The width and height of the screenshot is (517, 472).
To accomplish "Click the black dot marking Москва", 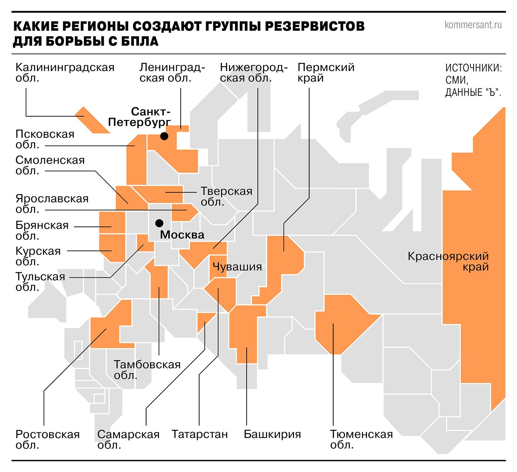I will (x=159, y=223).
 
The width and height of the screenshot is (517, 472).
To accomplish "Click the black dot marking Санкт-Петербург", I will (x=164, y=136).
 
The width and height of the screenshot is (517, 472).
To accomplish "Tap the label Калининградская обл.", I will (x=65, y=73).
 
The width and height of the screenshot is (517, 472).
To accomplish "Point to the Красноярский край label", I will (x=448, y=261).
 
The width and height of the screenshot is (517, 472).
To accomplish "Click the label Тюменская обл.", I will (x=361, y=439).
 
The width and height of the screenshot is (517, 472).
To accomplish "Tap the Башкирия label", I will (x=272, y=434).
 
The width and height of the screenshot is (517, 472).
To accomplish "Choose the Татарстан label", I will (x=200, y=434).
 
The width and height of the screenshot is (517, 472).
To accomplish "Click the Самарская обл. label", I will (x=128, y=439).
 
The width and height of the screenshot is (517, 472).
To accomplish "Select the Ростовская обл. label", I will (x=47, y=439).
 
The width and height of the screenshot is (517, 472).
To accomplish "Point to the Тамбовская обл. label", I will (x=147, y=370).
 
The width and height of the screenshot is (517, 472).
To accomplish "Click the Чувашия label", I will (x=237, y=267).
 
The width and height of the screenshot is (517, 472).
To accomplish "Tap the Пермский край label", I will (x=326, y=73).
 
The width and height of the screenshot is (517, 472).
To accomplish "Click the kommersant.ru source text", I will (x=473, y=25).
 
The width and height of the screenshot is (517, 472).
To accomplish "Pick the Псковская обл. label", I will (x=45, y=139).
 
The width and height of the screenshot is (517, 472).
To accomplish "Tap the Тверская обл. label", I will (x=226, y=196).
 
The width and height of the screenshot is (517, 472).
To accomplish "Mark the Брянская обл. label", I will (x=42, y=230).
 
